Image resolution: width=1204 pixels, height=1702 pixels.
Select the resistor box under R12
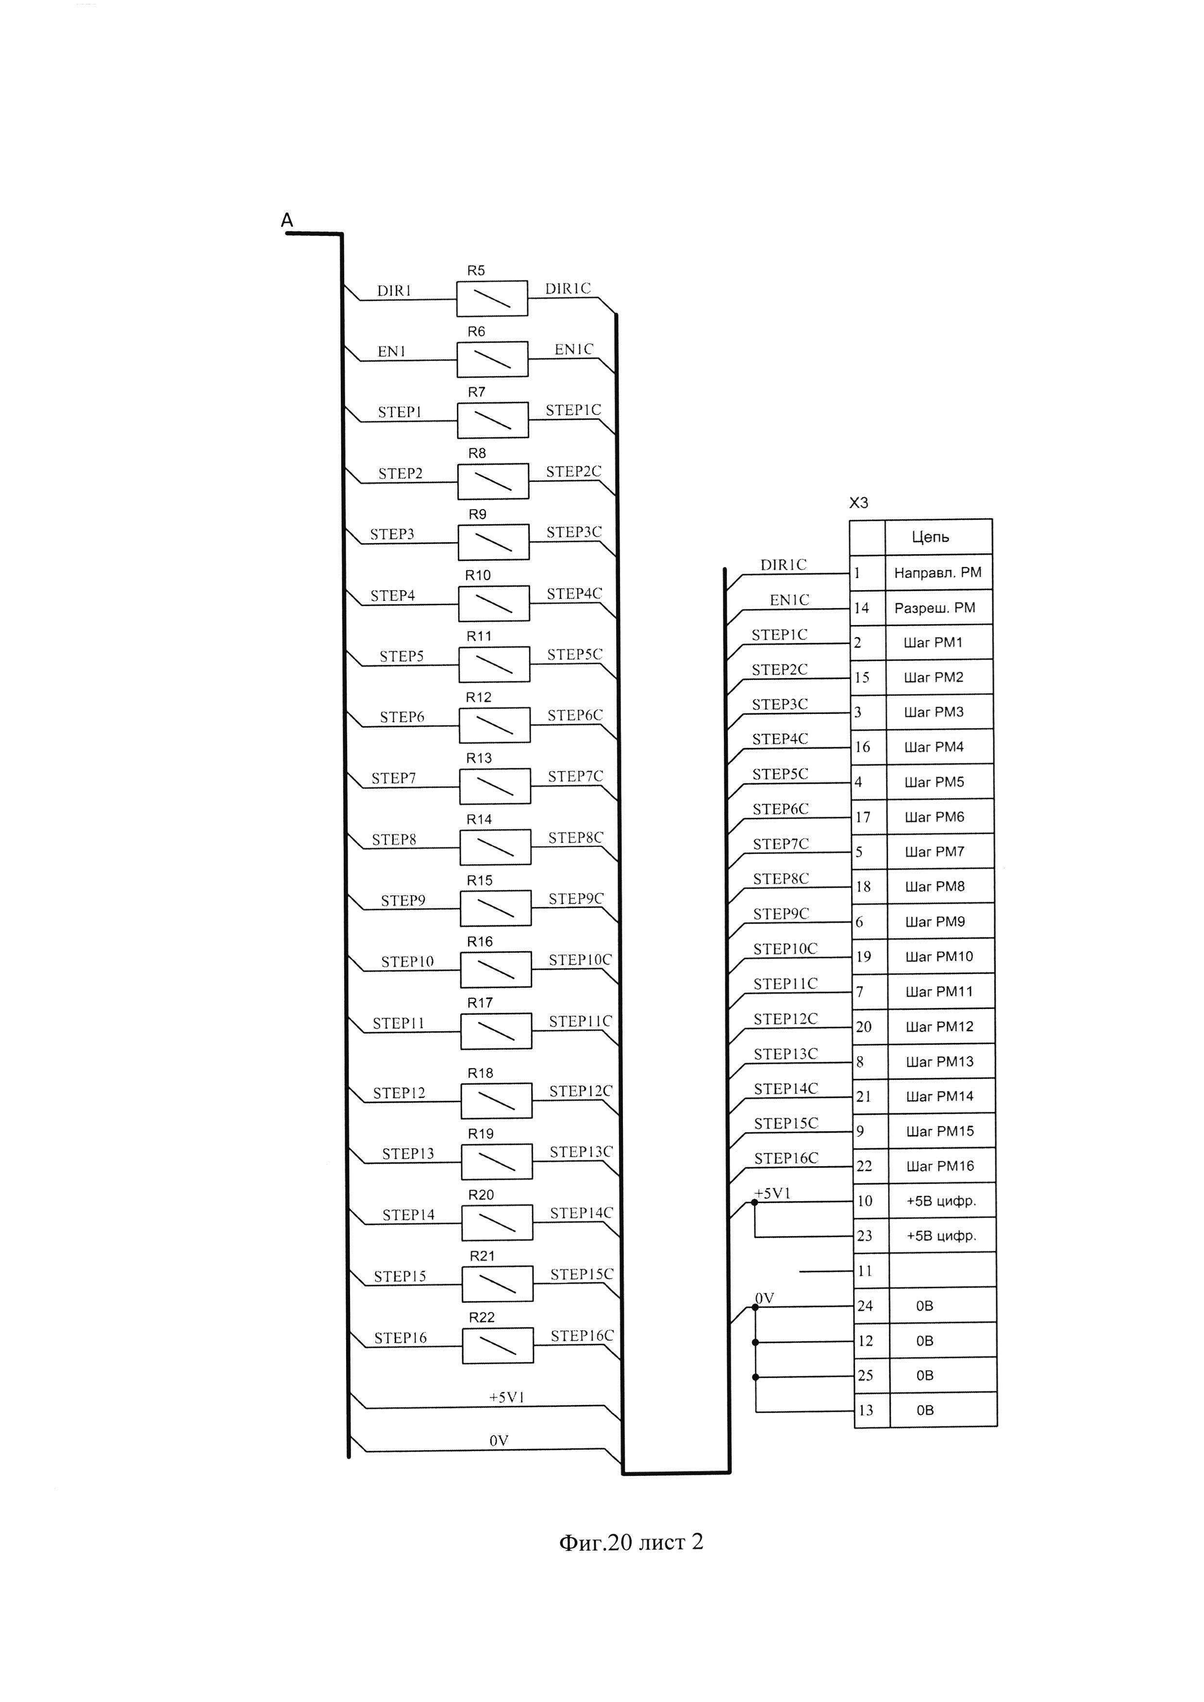[495, 725]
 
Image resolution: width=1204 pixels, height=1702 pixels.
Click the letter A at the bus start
[287, 220]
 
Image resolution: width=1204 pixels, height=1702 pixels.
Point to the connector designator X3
[858, 503]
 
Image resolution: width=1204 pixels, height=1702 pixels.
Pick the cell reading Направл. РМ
[938, 572]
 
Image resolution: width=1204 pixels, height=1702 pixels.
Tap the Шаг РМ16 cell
[940, 1166]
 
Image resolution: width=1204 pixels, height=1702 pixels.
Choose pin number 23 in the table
[865, 1236]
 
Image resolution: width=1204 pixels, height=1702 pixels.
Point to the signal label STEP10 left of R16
[407, 961]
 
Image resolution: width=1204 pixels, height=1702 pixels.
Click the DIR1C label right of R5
[568, 288]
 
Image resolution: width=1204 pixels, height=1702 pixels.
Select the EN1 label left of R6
[391, 351]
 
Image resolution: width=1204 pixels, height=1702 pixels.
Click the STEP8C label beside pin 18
[781, 878]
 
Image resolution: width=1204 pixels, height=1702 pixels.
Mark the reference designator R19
[481, 1133]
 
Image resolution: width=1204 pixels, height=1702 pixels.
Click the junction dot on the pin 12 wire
[755, 1342]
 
